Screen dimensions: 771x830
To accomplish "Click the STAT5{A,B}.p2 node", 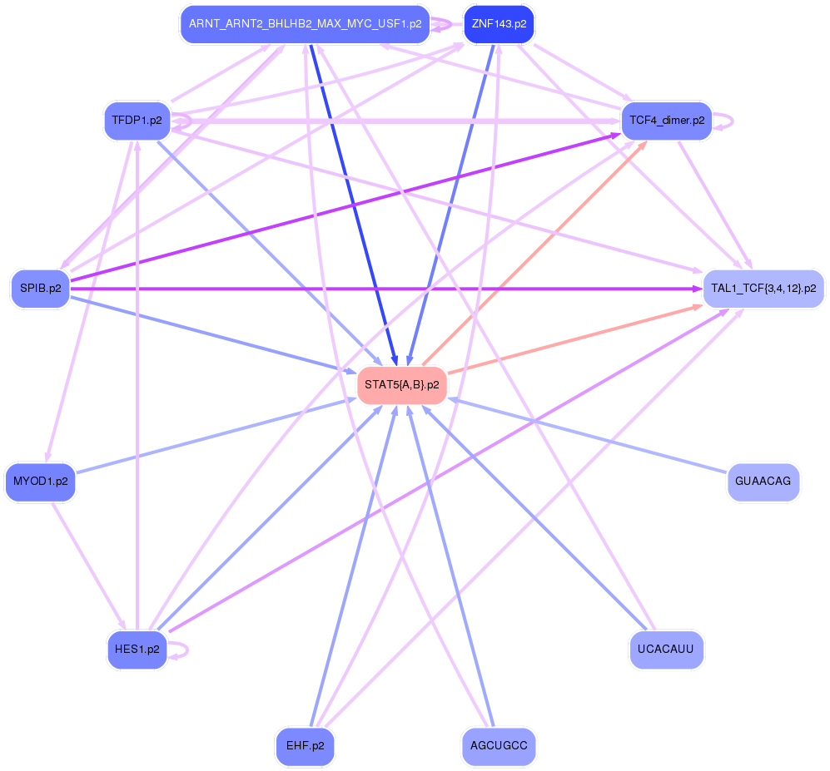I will coord(401,385).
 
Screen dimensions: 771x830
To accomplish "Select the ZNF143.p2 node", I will coord(499,23).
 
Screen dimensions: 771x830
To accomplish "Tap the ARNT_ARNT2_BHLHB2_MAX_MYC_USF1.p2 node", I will coord(305,23).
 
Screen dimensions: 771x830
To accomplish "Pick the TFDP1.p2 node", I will coord(137,121).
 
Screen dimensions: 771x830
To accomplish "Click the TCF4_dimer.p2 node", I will coord(667,121).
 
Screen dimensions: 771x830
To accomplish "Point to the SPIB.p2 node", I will coord(40,289).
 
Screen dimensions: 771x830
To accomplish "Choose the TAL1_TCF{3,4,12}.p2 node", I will coord(763,289).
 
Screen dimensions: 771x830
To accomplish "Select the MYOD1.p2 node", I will coord(40,482).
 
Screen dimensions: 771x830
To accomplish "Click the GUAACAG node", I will coord(763,482).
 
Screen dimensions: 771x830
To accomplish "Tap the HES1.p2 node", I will coord(137,650).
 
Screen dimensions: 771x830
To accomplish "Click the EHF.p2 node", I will coord(305,746).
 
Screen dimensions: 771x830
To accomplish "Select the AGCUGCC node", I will coord(499,746).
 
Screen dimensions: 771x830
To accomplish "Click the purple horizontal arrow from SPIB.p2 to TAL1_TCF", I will coord(383,289).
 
